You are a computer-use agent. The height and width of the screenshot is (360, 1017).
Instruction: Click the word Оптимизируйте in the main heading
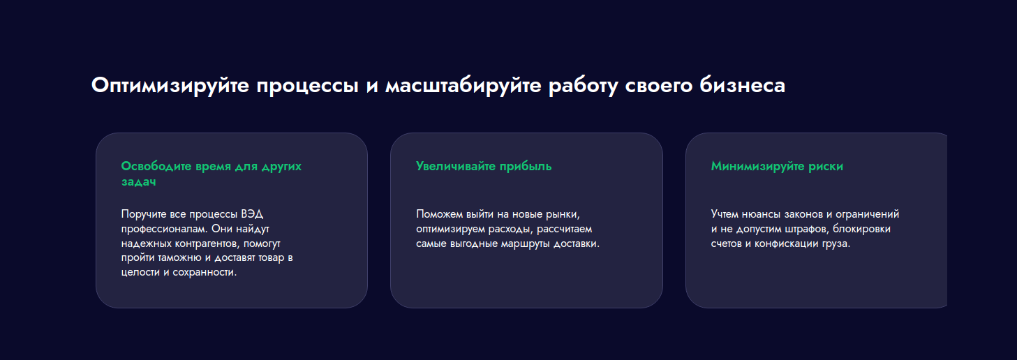tap(170, 85)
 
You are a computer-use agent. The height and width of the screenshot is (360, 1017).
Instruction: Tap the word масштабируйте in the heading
tap(463, 85)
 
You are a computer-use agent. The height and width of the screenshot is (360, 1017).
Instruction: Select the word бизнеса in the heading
tap(743, 85)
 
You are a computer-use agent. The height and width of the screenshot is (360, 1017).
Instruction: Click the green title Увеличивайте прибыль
tap(484, 166)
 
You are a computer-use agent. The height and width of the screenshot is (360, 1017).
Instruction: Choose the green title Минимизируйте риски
tap(777, 166)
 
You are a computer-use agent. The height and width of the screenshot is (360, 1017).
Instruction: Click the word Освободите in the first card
tap(156, 166)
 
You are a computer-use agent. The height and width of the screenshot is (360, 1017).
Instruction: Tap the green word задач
tap(138, 181)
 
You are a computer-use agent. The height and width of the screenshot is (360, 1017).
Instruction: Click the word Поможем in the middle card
tap(440, 213)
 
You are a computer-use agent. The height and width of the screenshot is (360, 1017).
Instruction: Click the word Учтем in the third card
tap(725, 213)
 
